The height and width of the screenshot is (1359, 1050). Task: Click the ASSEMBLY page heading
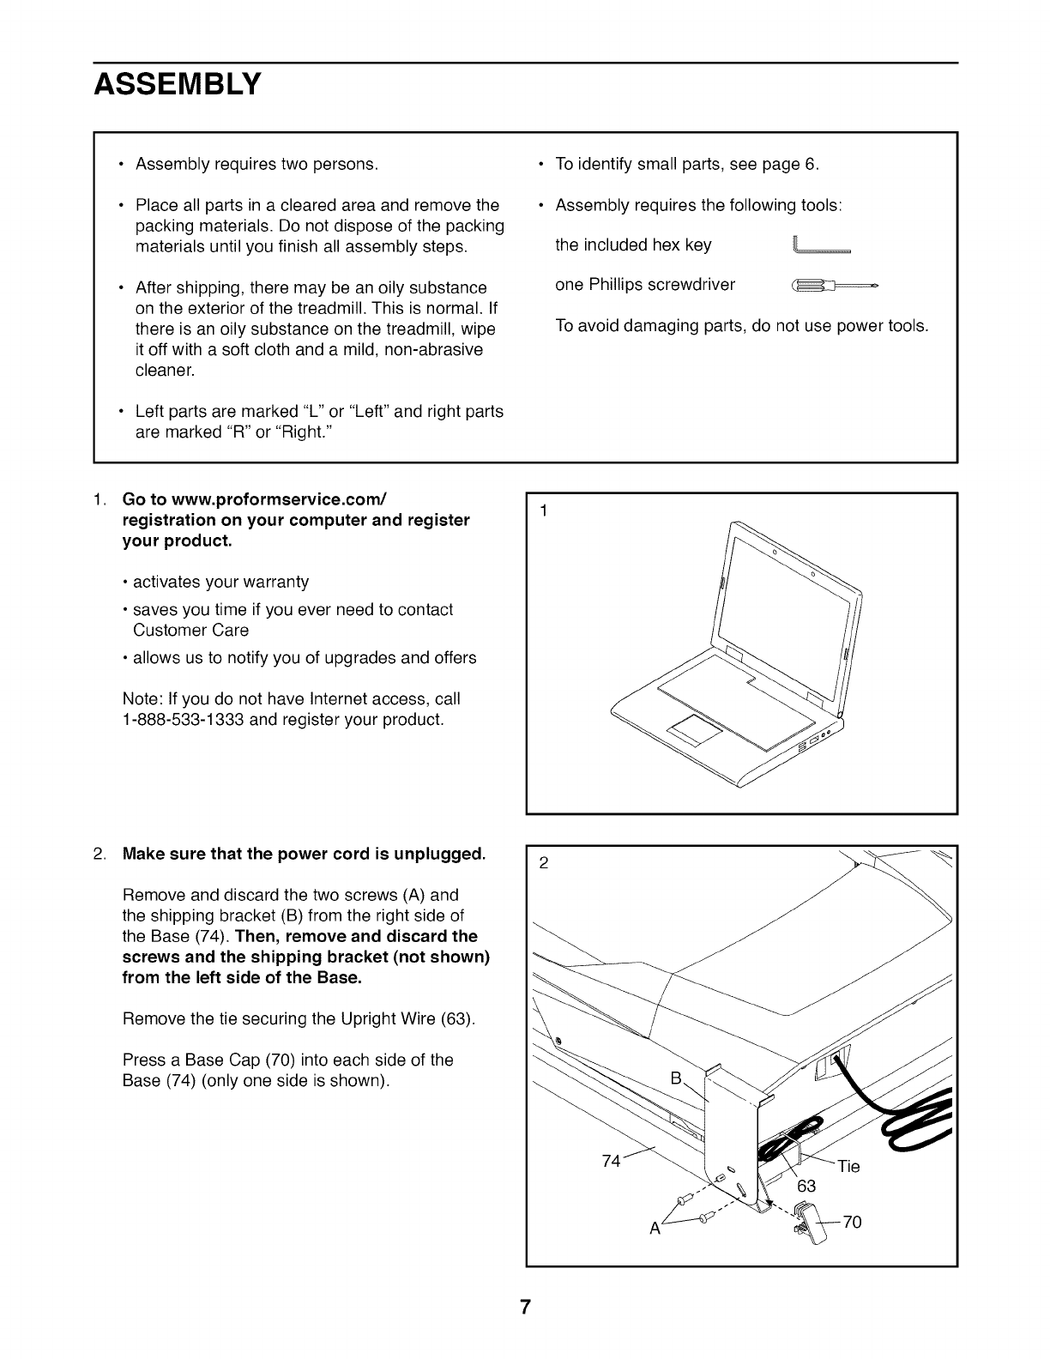coord(177,85)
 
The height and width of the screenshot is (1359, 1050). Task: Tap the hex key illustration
coord(822,247)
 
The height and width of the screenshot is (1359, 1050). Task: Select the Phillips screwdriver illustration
coord(834,285)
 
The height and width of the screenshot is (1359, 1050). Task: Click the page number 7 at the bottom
coord(525,1308)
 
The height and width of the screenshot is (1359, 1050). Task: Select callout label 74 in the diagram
coord(612,1161)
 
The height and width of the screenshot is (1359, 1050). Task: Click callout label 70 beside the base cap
coord(852,1223)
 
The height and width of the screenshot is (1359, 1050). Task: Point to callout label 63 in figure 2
coord(806,1186)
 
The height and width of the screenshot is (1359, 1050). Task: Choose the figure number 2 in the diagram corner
coord(543,863)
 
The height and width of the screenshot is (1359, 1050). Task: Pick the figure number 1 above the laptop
coord(543,511)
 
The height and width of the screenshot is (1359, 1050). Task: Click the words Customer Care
coord(191,631)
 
